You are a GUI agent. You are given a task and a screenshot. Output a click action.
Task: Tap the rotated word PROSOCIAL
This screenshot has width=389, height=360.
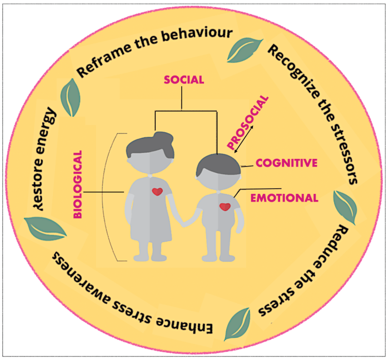tap(248, 124)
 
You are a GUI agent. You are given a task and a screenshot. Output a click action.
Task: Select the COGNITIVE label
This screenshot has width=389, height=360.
tap(286, 163)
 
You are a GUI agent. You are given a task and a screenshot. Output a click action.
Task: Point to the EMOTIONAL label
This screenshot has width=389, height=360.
tap(283, 198)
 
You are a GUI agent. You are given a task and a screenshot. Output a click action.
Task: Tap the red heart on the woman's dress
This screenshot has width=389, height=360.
tap(157, 192)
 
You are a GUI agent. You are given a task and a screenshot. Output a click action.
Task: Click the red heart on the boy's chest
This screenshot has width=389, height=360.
tap(225, 207)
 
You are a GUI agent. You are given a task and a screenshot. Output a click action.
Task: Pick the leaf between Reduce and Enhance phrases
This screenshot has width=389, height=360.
tap(236, 324)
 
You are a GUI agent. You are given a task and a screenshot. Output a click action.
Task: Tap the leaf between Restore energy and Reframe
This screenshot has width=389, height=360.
tap(71, 97)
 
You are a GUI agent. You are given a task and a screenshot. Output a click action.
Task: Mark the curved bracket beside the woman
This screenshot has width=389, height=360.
tap(114, 197)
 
